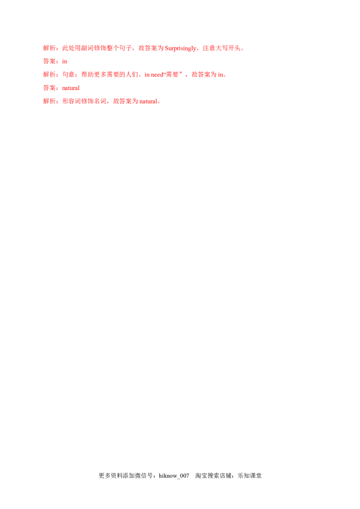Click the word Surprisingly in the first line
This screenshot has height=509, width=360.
182,49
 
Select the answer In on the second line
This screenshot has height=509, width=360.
65,62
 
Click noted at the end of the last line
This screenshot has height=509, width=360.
150,102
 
